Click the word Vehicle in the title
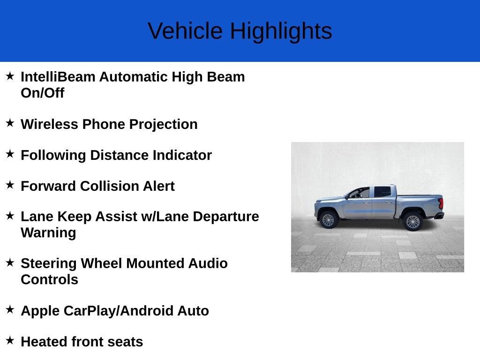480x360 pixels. tap(185, 31)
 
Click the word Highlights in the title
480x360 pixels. tap(281, 32)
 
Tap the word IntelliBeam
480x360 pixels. tap(58, 77)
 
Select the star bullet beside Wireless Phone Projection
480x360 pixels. tap(10, 123)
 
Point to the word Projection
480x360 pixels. tap(164, 125)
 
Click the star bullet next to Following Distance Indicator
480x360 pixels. tap(10, 154)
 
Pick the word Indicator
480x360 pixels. tap(182, 155)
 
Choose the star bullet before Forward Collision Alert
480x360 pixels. tap(10, 185)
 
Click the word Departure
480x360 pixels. tap(226, 217)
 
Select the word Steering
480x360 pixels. tap(49, 264)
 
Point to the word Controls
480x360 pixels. tap(50, 280)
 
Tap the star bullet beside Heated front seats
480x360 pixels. tap(10, 340)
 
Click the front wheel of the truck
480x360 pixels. tap(328, 220)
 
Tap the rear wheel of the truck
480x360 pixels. tap(413, 221)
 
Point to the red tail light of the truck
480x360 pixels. tap(441, 204)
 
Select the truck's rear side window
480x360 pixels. tap(382, 192)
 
